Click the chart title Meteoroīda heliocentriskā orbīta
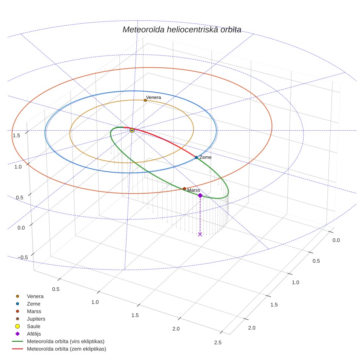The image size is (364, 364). (x=182, y=30)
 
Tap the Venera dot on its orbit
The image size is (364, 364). (x=145, y=100)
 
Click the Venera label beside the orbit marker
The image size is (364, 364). (x=153, y=97)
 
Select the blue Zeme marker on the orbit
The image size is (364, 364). (x=196, y=157)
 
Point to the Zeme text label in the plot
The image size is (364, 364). (x=205, y=157)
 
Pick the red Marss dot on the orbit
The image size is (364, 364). (x=184, y=189)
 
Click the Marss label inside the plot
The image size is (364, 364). (x=194, y=190)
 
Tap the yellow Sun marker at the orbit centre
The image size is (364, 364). (x=132, y=131)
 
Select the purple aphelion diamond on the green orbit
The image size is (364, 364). (x=200, y=196)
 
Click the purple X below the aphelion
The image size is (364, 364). (x=200, y=234)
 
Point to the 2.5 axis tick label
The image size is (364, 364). (x=218, y=342)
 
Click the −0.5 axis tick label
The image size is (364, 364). (x=23, y=257)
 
